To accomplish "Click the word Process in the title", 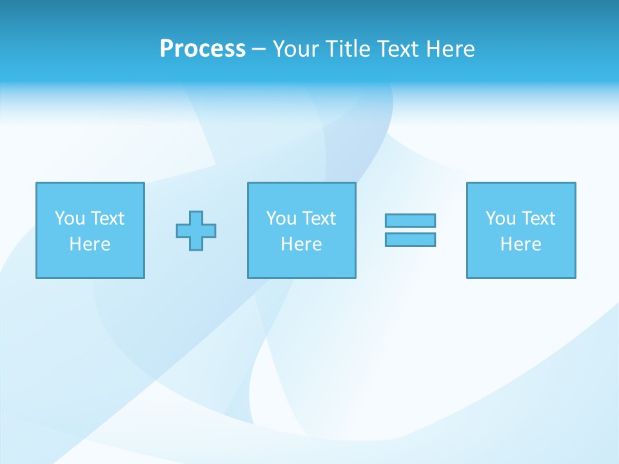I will click(202, 49).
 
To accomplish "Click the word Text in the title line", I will click(398, 49).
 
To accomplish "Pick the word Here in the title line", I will click(450, 49).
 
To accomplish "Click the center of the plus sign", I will click(196, 230).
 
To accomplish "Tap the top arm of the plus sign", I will click(196, 217).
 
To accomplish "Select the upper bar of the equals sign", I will click(410, 220).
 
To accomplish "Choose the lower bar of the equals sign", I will click(410, 239).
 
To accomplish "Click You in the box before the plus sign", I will click(70, 218).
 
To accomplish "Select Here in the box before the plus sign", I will click(90, 244).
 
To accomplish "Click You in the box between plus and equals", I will click(281, 218).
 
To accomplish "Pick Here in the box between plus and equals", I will click(301, 244).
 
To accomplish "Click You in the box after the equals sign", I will click(500, 218).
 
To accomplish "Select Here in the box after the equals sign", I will click(520, 244).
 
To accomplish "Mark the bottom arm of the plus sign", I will click(196, 244).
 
